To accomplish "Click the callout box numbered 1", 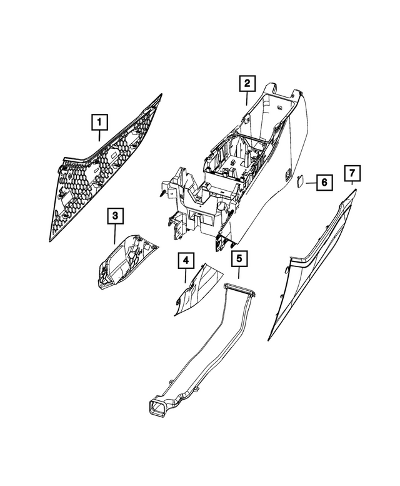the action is pyautogui.click(x=99, y=122).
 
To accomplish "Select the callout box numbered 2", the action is pyautogui.click(x=247, y=83).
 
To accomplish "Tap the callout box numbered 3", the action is pyautogui.click(x=115, y=216).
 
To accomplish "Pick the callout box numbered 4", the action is pyautogui.click(x=186, y=261).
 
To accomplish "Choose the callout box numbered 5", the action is pyautogui.click(x=239, y=258).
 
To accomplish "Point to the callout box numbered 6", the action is pyautogui.click(x=324, y=182).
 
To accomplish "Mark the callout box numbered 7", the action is pyautogui.click(x=352, y=173).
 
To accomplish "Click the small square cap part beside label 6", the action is pyautogui.click(x=301, y=181).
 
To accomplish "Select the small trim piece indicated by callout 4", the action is pyautogui.click(x=197, y=289).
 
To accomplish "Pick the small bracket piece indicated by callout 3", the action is pyautogui.click(x=126, y=262).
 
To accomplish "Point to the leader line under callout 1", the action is pyautogui.click(x=99, y=136).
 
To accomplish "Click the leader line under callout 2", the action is pyautogui.click(x=247, y=99).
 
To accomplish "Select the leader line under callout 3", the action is pyautogui.click(x=115, y=234).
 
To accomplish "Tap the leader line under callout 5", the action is pyautogui.click(x=239, y=273).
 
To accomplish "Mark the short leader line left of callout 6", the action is pyautogui.click(x=311, y=183).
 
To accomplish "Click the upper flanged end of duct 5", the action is pyautogui.click(x=240, y=290).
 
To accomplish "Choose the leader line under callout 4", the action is pyautogui.click(x=186, y=276).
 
